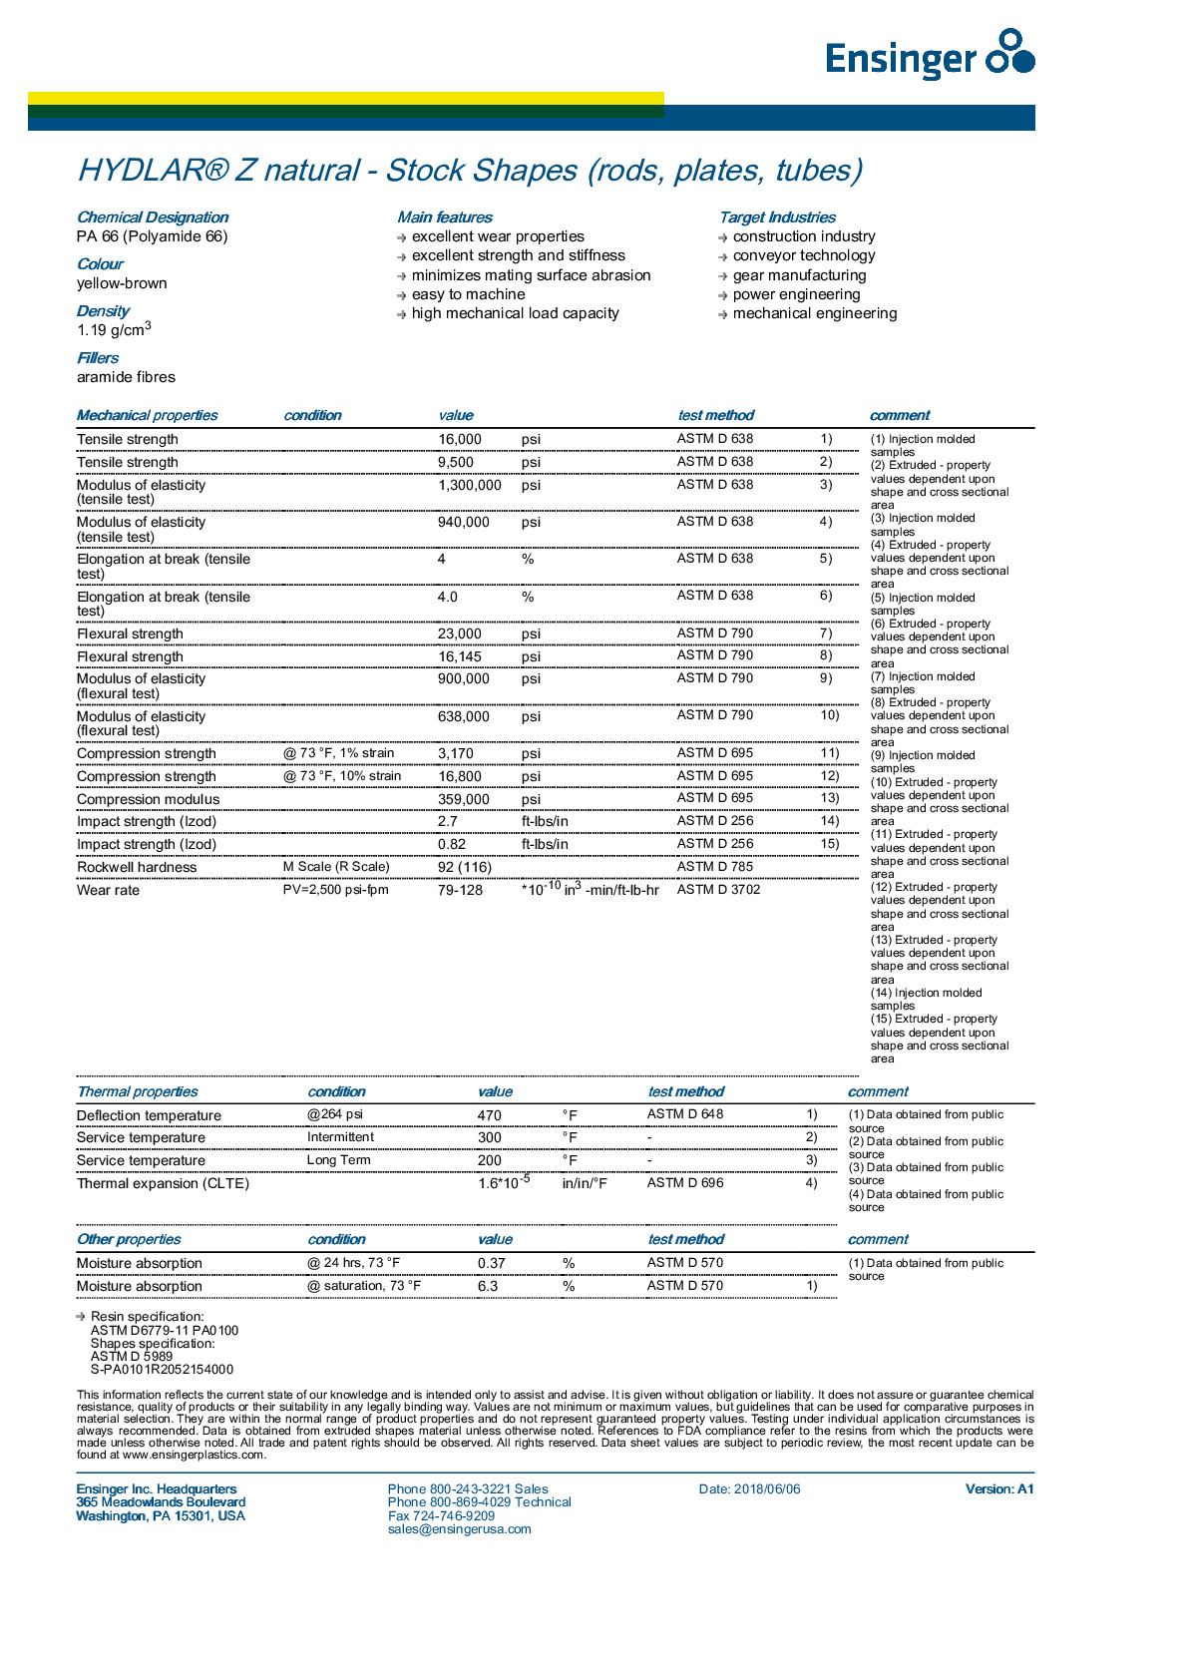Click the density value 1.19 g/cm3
tap(114, 329)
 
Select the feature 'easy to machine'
tap(468, 294)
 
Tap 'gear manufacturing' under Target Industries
tap(799, 275)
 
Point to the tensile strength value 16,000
tap(460, 439)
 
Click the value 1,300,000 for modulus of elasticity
tap(470, 485)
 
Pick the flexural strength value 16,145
tap(460, 656)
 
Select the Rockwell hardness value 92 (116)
tap(465, 867)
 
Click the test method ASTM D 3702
tap(718, 889)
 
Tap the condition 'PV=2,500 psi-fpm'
tap(336, 889)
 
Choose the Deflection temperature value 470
tap(490, 1115)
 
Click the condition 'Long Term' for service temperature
tap(338, 1160)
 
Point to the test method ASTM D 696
tap(685, 1183)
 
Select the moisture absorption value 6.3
tap(488, 1286)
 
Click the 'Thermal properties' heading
tap(138, 1091)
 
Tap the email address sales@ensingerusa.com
tap(460, 1529)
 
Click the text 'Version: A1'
tap(999, 1489)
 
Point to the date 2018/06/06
tap(767, 1489)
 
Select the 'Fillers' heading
tap(98, 358)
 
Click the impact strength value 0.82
tap(452, 844)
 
